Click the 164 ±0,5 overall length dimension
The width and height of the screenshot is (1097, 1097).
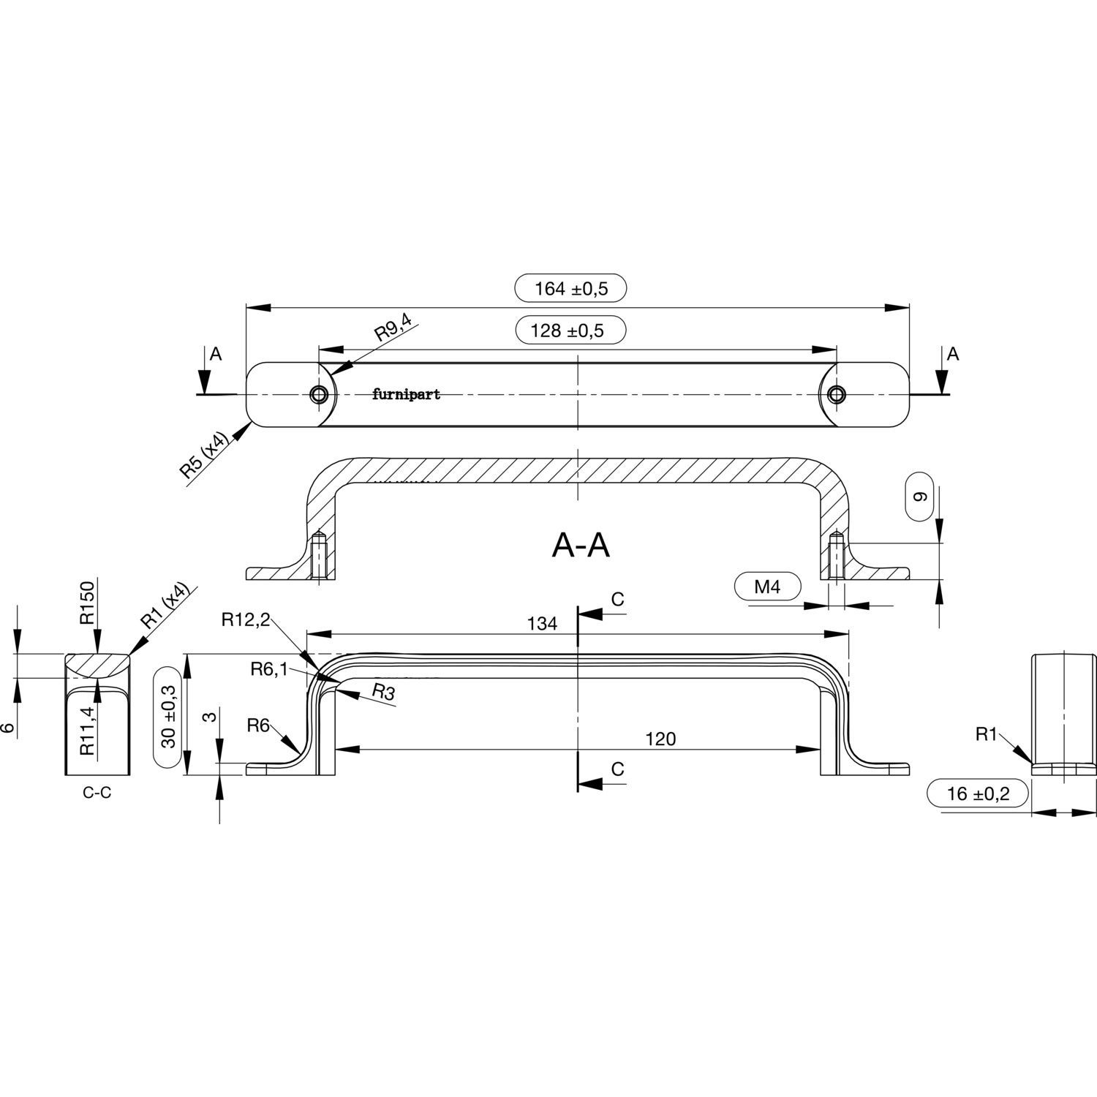pyautogui.click(x=571, y=288)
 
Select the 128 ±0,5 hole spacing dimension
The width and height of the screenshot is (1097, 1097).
pyautogui.click(x=571, y=331)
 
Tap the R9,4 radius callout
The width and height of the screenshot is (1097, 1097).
pyautogui.click(x=393, y=327)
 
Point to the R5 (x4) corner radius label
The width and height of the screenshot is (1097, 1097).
pyautogui.click(x=206, y=454)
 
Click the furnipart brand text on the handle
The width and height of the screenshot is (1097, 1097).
pyautogui.click(x=406, y=395)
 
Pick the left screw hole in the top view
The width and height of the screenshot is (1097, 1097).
pyautogui.click(x=319, y=395)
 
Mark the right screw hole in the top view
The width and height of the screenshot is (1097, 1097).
pyautogui.click(x=836, y=395)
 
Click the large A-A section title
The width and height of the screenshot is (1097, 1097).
pyautogui.click(x=581, y=545)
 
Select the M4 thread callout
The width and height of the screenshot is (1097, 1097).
pyautogui.click(x=767, y=586)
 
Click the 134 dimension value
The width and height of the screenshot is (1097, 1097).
pyautogui.click(x=542, y=624)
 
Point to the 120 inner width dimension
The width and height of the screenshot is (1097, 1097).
pyautogui.click(x=660, y=739)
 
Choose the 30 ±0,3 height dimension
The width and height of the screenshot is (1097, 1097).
pyautogui.click(x=169, y=717)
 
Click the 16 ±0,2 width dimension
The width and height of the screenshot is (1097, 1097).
pyautogui.click(x=978, y=793)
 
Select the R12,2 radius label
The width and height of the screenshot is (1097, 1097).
pyautogui.click(x=246, y=620)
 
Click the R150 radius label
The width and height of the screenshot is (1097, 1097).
pyautogui.click(x=88, y=604)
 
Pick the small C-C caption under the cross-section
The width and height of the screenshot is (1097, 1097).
pyautogui.click(x=97, y=793)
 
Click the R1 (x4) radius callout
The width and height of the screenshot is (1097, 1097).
pyautogui.click(x=165, y=606)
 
